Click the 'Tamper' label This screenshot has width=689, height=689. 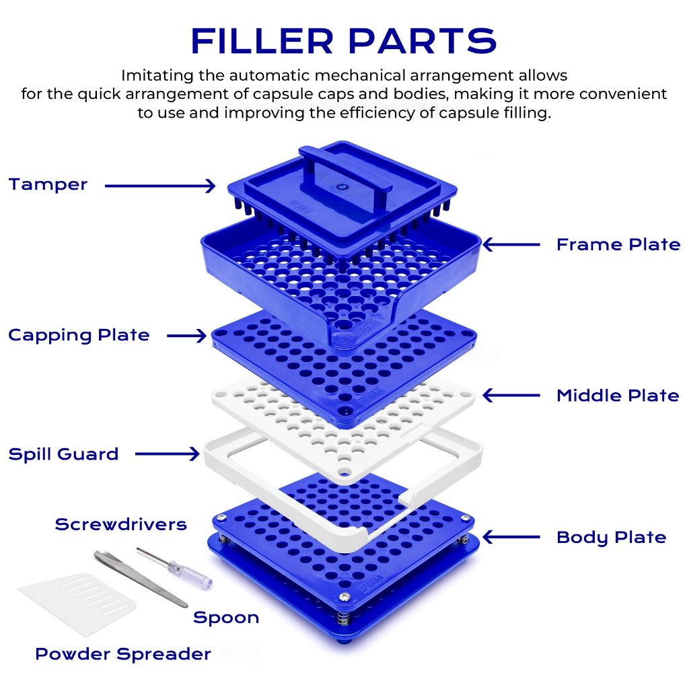coord(48,185)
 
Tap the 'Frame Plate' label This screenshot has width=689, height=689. coord(618,244)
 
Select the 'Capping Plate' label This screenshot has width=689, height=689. coord(79,336)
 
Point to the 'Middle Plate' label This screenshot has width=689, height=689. coord(618,396)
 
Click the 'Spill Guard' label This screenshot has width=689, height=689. coord(64,454)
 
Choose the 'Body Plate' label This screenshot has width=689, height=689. coord(611,538)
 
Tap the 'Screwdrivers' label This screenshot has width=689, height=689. coord(121,524)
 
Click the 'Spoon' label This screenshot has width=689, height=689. coord(226,618)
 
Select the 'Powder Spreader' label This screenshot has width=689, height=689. coord(123,654)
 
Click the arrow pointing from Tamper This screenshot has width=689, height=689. coord(160,186)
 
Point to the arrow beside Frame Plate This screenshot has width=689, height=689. coord(511,244)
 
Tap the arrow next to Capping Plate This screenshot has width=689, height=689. coord(187,336)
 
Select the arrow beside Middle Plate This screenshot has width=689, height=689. coord(511,396)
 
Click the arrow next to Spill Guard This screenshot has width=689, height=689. coord(168,454)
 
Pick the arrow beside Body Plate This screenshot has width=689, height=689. coord(511,537)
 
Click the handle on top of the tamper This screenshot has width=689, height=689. coord(345,174)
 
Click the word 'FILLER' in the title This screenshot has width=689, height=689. coord(262,41)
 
